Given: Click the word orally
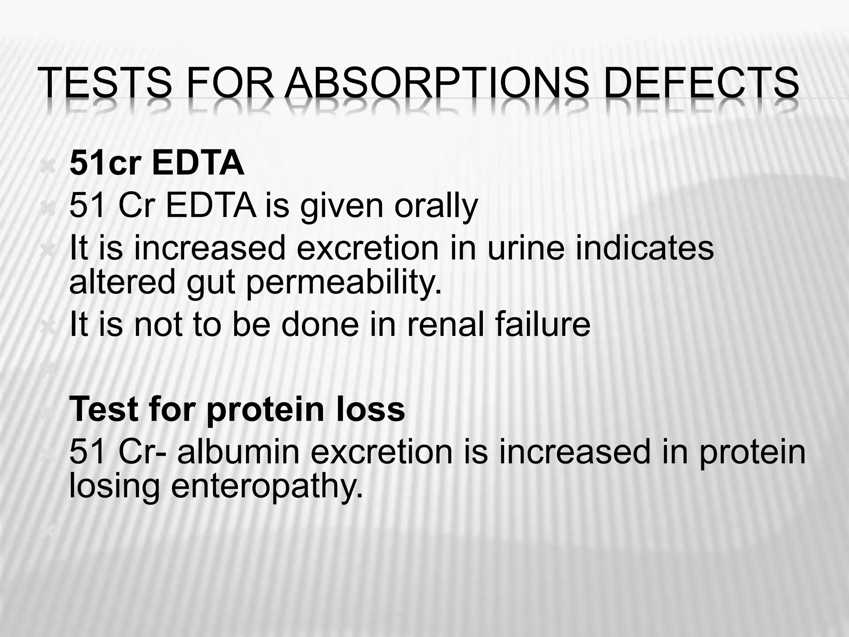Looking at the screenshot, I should [x=436, y=206].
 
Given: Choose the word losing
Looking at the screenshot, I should [x=114, y=486].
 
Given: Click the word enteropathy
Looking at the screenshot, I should [x=267, y=486].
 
